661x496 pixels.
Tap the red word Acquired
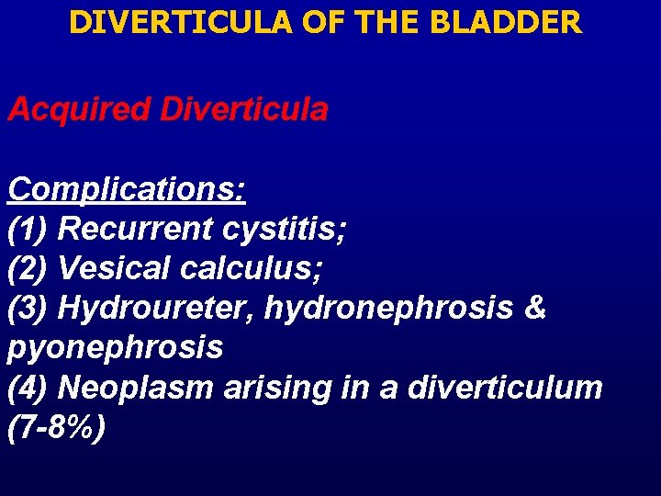(x=78, y=110)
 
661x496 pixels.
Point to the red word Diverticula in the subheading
(x=243, y=110)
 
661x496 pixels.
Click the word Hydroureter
(x=156, y=308)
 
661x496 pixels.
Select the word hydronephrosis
(x=389, y=308)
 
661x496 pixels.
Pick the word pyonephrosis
(x=116, y=347)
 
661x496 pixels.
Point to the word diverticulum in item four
(x=505, y=387)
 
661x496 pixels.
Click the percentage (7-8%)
(x=56, y=426)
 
